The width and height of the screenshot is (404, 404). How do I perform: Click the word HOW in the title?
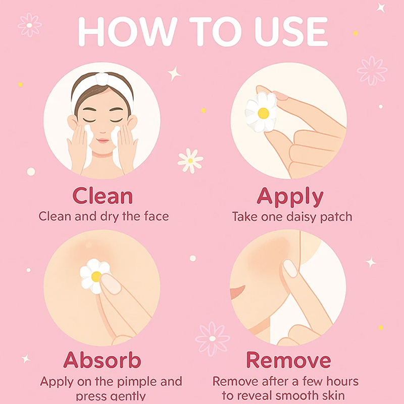click(x=128, y=32)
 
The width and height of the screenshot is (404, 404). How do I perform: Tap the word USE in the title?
click(x=291, y=32)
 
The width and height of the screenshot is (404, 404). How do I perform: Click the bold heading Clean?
click(x=103, y=196)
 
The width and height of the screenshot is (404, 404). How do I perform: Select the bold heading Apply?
click(x=290, y=197)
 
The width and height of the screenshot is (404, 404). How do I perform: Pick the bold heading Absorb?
click(x=103, y=360)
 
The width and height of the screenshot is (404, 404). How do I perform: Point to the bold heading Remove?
click(x=288, y=360)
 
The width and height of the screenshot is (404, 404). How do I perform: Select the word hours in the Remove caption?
click(x=342, y=381)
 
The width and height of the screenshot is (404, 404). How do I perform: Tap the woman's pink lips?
click(x=103, y=141)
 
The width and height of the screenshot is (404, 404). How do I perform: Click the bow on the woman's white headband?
click(x=102, y=78)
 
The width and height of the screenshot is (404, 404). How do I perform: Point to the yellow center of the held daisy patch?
click(x=263, y=113)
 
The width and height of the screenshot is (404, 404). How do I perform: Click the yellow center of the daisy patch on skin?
click(x=96, y=276)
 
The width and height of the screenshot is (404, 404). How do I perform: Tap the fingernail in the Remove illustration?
click(x=290, y=268)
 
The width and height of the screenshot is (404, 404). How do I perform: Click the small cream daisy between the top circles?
click(x=190, y=161)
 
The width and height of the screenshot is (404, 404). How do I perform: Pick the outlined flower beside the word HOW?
click(x=29, y=25)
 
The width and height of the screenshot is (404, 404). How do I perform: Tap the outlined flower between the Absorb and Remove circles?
click(x=212, y=338)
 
